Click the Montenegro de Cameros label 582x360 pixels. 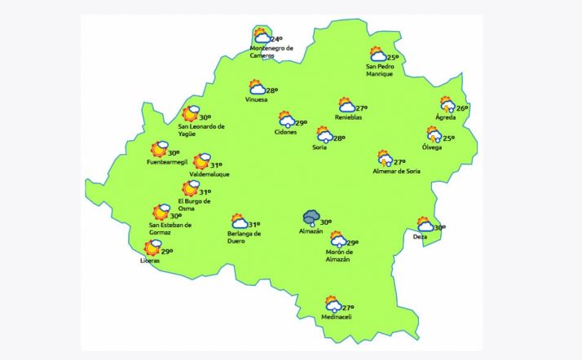[x=271, y=51]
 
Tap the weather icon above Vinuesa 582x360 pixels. [x=257, y=88]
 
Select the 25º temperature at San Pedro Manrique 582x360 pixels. [x=394, y=58]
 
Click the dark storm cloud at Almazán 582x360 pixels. [x=311, y=218]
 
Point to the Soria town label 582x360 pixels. [x=320, y=148]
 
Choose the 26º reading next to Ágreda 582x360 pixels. [x=462, y=108]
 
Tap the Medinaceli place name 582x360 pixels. [x=336, y=317]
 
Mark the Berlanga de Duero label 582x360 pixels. [x=244, y=237]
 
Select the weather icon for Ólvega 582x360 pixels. [x=434, y=135]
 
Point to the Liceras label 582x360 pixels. [x=150, y=261]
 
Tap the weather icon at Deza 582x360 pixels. [x=425, y=224]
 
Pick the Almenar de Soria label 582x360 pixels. [x=396, y=171]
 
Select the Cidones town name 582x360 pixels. [x=286, y=132]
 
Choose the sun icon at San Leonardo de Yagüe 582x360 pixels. [x=192, y=114]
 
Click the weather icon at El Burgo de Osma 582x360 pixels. [x=191, y=189]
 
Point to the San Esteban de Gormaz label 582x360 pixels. [x=170, y=229]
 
